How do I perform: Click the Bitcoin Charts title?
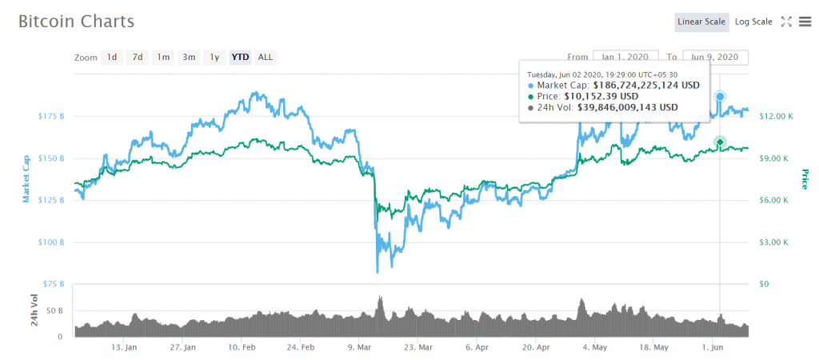click(77, 22)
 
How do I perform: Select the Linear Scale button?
click(701, 22)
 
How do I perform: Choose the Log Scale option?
click(753, 22)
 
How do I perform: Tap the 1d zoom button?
click(112, 57)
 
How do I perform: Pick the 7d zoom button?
click(138, 57)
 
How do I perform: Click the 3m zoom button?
click(189, 57)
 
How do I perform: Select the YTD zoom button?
click(240, 57)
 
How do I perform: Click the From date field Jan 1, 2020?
click(625, 57)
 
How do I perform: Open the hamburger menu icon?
click(805, 22)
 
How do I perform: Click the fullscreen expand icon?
click(786, 22)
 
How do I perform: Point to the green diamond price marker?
click(720, 142)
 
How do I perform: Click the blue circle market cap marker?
click(720, 97)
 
